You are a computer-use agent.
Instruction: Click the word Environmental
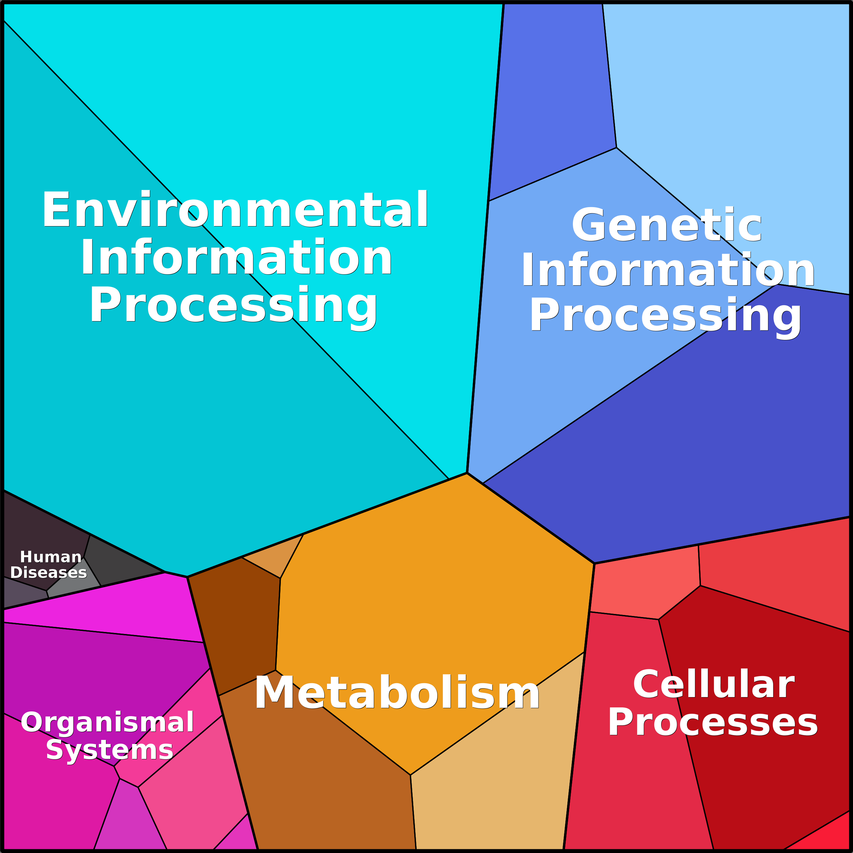click(x=235, y=210)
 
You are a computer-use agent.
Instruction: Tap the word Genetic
click(x=667, y=225)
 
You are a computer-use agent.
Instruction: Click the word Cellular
click(x=714, y=684)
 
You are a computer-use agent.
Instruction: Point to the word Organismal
click(x=107, y=722)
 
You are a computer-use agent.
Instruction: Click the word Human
click(x=51, y=557)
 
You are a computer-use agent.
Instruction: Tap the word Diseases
click(x=49, y=573)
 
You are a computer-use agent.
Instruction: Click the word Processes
click(x=713, y=722)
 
